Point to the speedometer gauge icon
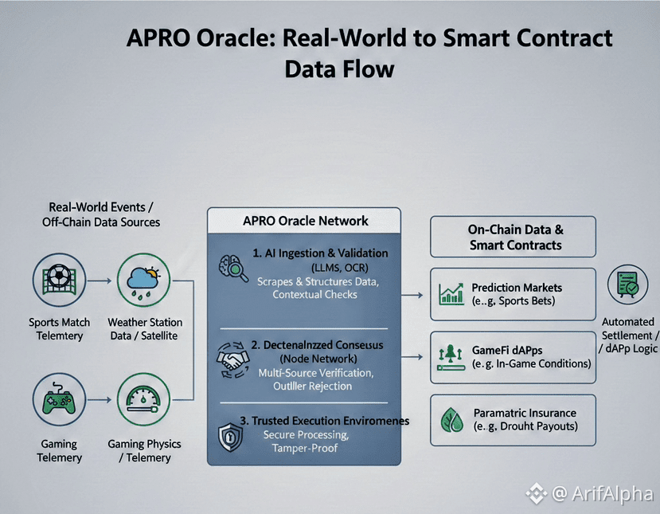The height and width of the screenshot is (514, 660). pyautogui.click(x=144, y=402)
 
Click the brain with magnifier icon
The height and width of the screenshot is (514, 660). pyautogui.click(x=233, y=267)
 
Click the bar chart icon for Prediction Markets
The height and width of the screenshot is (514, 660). pyautogui.click(x=451, y=294)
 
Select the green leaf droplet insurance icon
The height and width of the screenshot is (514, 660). pyautogui.click(x=451, y=420)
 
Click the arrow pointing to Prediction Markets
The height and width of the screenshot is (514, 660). pyautogui.click(x=413, y=295)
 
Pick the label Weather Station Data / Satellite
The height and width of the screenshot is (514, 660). pyautogui.click(x=144, y=328)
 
